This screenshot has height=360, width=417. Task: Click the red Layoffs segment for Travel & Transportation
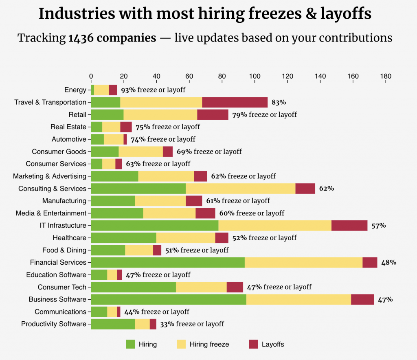pos(235,102)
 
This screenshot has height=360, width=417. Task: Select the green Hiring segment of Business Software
pos(168,299)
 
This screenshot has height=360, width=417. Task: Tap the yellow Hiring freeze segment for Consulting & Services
pos(240,189)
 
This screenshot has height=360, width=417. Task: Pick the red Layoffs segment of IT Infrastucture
pos(349,226)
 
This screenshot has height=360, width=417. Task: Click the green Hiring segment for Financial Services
pos(167,263)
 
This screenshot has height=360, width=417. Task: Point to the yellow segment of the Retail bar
pos(160,114)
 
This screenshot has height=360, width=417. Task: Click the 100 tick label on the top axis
pos(255,76)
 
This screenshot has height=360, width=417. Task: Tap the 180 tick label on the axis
pos(386,76)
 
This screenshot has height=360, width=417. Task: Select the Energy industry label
pos(75,90)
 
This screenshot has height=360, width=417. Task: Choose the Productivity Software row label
pos(54,324)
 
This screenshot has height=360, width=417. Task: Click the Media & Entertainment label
pos(51,213)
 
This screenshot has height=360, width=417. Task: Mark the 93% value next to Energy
pos(128,90)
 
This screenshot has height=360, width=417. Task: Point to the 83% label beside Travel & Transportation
pos(279,102)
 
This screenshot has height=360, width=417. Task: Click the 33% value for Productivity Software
pos(167,324)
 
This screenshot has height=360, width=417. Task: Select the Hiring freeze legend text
pos(209,345)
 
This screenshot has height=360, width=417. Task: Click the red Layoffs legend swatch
pos(254,344)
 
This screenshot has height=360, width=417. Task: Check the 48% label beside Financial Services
pos(388,263)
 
